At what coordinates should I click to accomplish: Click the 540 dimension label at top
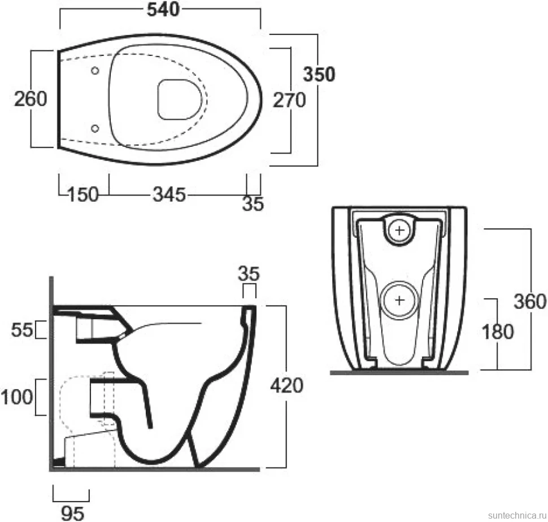tap(163, 10)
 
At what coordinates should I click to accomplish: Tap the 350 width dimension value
tap(319, 74)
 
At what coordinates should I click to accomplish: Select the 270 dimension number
tap(289, 100)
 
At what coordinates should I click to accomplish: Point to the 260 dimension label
tap(31, 98)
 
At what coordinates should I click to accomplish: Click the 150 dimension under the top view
tap(83, 194)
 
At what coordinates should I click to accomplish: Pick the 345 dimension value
tap(169, 194)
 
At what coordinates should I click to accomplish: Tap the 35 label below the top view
tap(253, 204)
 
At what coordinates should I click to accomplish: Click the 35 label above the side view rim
tap(249, 273)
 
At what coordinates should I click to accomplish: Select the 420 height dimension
tap(286, 386)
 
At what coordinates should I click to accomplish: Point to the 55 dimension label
tap(22, 329)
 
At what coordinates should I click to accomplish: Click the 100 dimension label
tap(17, 397)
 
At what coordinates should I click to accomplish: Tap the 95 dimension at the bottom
tap(73, 514)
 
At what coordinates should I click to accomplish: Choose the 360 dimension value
tap(530, 302)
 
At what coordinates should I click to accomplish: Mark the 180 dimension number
tap(498, 332)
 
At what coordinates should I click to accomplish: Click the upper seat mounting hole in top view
tap(95, 71)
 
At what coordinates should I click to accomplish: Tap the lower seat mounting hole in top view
tap(95, 129)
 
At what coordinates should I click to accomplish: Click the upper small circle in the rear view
tap(399, 230)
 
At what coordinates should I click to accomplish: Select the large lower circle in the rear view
tap(399, 300)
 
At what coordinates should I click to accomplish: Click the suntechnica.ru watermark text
tap(517, 515)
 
